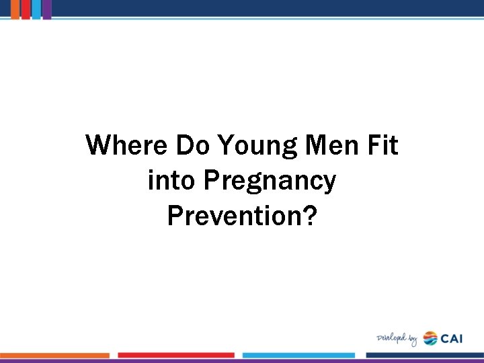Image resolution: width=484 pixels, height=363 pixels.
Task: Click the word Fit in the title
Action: point(382,145)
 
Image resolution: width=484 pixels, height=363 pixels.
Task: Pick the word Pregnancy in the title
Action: point(269,182)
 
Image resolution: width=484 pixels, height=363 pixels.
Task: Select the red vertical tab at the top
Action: point(26,9)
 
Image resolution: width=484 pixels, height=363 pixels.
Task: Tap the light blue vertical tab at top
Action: point(36,9)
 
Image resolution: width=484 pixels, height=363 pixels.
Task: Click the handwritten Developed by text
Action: point(397,338)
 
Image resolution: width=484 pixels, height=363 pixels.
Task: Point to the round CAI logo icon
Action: point(430,338)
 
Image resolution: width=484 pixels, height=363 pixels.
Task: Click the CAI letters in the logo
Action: point(452,338)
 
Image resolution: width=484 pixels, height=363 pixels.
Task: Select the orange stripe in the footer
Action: point(54,355)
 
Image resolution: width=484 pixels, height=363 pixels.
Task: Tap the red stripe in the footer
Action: point(176,355)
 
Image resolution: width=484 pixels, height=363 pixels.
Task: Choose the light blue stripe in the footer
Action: point(298,355)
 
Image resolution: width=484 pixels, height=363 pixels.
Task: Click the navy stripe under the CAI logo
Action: point(424,355)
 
